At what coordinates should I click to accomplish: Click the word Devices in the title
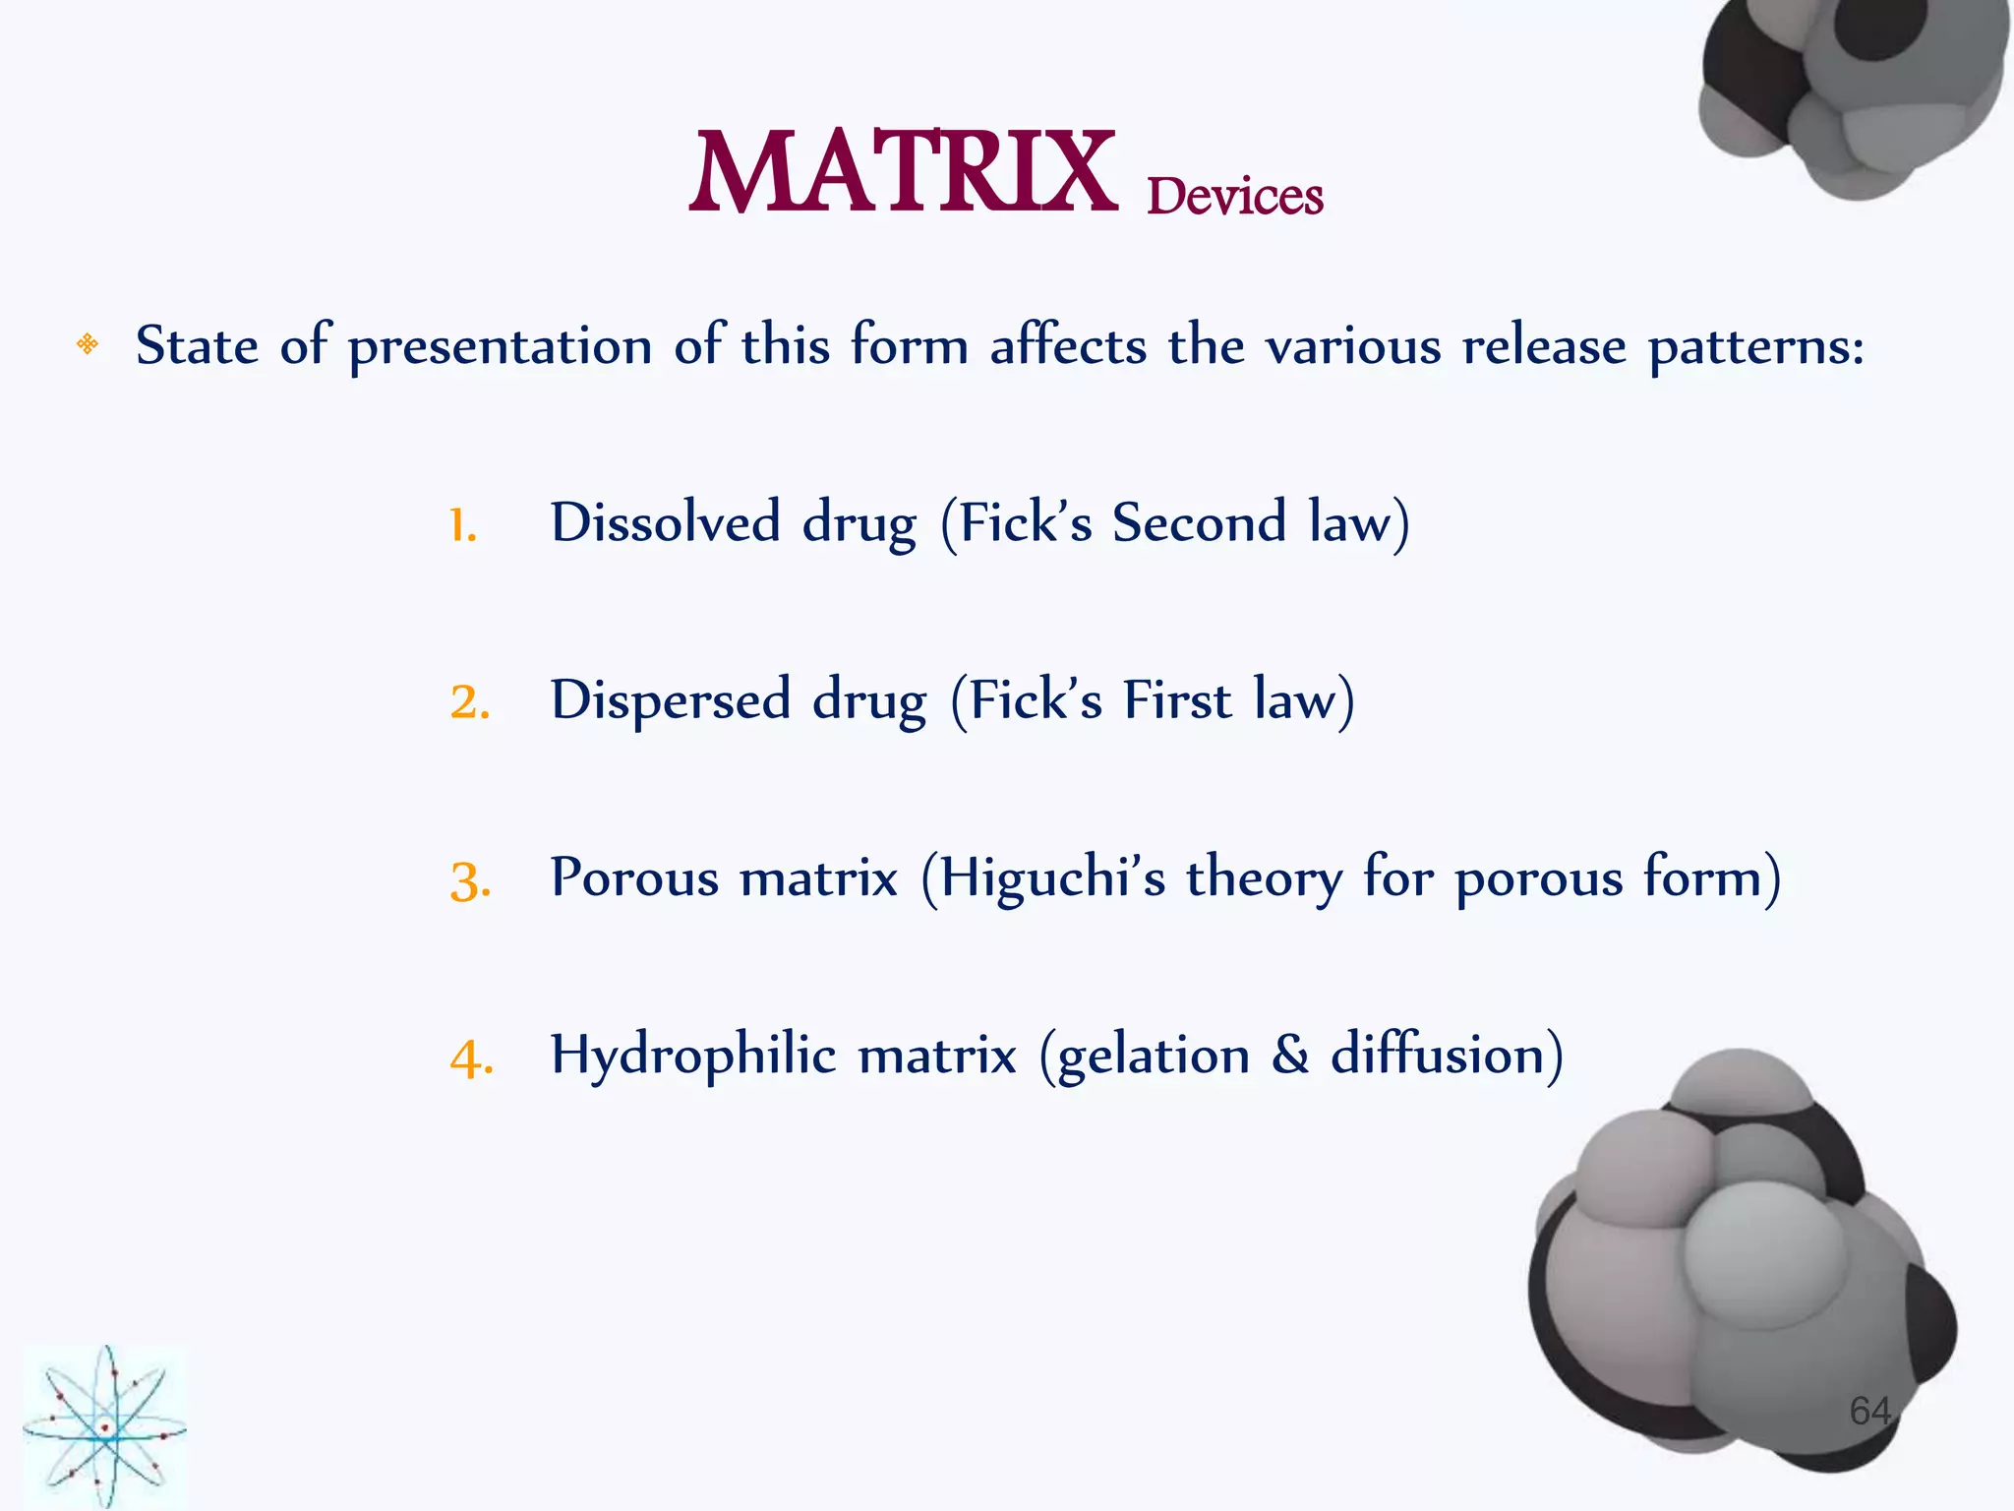1234,196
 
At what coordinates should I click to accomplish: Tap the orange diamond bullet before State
88,343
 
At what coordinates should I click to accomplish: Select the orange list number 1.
462,525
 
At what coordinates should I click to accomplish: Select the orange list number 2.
469,702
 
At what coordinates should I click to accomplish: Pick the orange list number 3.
470,881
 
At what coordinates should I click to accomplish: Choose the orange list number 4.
471,1059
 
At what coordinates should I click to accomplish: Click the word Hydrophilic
692,1056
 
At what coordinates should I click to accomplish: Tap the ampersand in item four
1289,1055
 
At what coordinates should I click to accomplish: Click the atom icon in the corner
103,1426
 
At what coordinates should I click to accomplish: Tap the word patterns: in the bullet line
1755,347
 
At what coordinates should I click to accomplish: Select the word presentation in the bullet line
500,347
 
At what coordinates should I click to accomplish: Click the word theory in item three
1263,877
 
